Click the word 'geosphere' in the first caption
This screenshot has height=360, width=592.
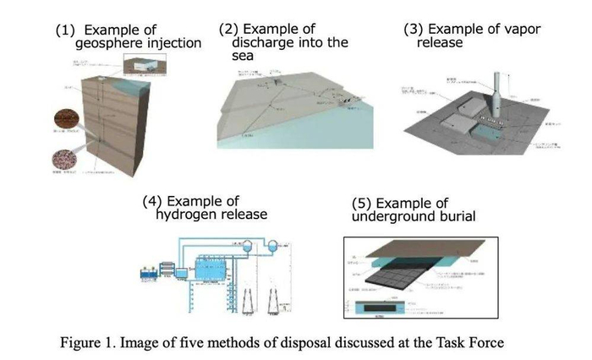pyautogui.click(x=108, y=44)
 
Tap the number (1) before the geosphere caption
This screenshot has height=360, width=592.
pyautogui.click(x=65, y=30)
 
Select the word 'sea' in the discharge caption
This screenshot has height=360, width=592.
pyautogui.click(x=232, y=57)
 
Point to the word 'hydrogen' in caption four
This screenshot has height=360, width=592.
pyautogui.click(x=186, y=215)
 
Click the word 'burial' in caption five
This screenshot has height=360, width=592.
pyautogui.click(x=452, y=217)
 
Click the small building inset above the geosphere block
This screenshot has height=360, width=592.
pyautogui.click(x=143, y=65)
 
